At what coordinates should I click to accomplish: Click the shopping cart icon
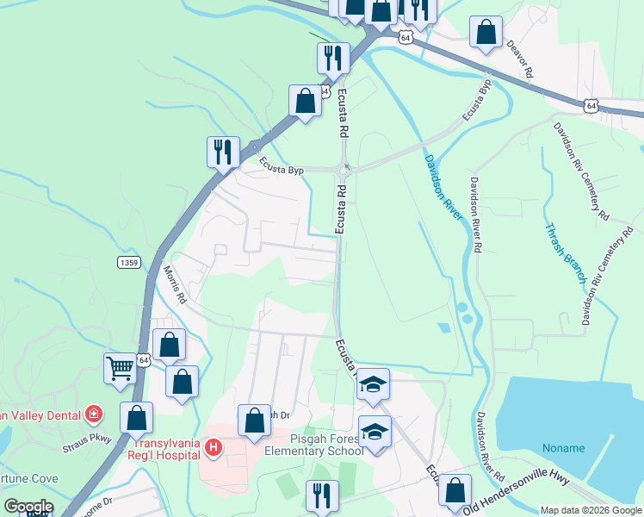(x=121, y=368)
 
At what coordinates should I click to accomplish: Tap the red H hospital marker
(x=214, y=447)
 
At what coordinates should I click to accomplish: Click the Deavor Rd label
(x=521, y=59)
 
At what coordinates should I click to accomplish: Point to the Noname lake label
(x=563, y=448)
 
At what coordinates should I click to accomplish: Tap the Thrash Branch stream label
(x=565, y=254)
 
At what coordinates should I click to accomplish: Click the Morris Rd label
(x=175, y=283)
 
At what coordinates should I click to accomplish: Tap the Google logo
(x=28, y=507)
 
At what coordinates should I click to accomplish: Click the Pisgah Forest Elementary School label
(x=313, y=443)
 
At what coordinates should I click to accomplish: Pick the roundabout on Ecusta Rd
(x=346, y=169)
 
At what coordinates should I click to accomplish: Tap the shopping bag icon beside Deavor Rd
(x=486, y=34)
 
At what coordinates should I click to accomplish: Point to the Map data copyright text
(x=590, y=510)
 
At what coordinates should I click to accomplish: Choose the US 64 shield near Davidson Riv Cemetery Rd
(x=590, y=105)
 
